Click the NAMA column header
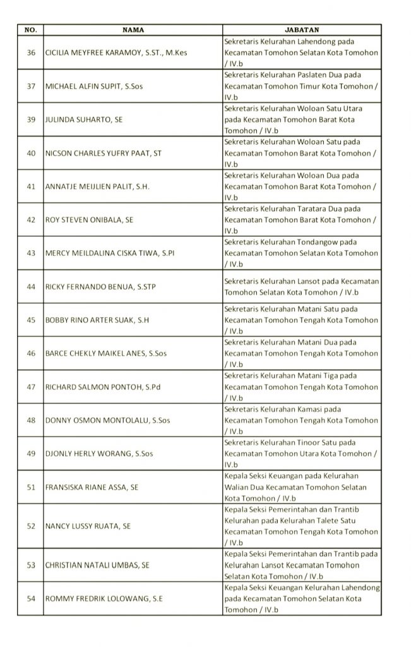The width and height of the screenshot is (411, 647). tap(133, 30)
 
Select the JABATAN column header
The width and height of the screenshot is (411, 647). tap(302, 30)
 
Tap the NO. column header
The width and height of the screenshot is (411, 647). tap(31, 30)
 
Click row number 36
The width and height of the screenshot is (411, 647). tap(31, 53)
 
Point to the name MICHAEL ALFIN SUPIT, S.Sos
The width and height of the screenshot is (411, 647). tap(94, 87)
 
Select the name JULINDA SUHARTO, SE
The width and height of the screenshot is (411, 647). tap(84, 119)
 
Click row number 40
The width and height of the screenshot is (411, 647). tap(31, 153)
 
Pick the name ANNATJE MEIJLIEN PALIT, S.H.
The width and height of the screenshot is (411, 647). tap(97, 186)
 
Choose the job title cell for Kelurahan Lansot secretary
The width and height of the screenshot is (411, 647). tap(302, 287)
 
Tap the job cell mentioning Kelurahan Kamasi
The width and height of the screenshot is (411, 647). tap(302, 420)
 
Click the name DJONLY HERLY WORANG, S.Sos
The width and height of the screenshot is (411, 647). tap(99, 454)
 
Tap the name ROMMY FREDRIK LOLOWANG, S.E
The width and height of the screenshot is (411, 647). tap(104, 598)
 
